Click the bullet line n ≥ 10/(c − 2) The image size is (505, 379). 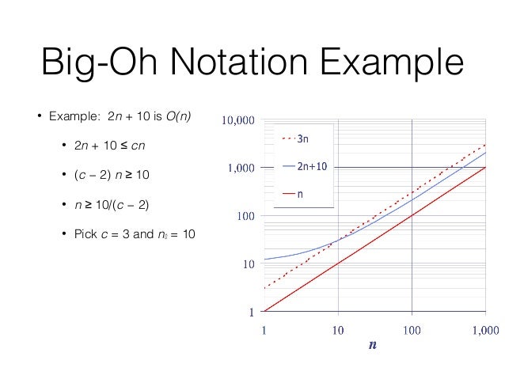pyautogui.click(x=112, y=205)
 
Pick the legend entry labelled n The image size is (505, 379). pyautogui.click(x=300, y=194)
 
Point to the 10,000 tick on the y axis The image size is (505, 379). pyautogui.click(x=237, y=121)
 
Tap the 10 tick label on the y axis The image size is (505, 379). pyautogui.click(x=248, y=263)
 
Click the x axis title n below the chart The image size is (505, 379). pyautogui.click(x=372, y=346)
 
